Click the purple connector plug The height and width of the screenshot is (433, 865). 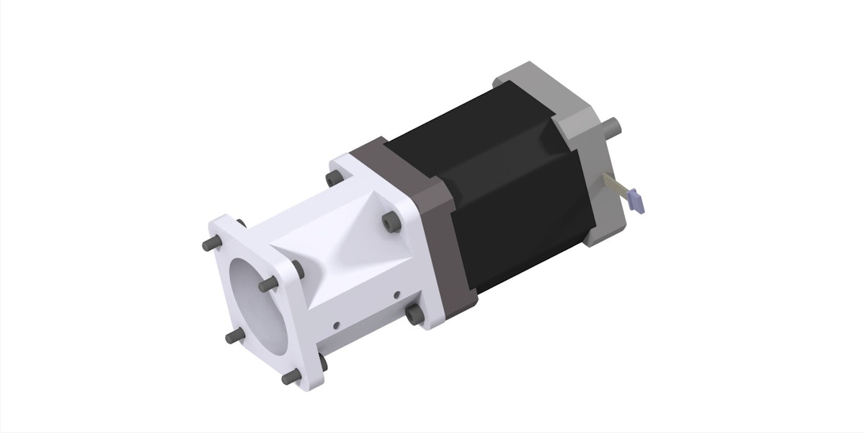coord(636,200)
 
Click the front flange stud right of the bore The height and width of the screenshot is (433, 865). coord(267,286)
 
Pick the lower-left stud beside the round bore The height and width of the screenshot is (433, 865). coord(230,336)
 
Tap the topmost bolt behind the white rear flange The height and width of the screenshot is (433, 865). coord(333,177)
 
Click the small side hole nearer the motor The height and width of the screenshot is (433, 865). coord(396,294)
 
